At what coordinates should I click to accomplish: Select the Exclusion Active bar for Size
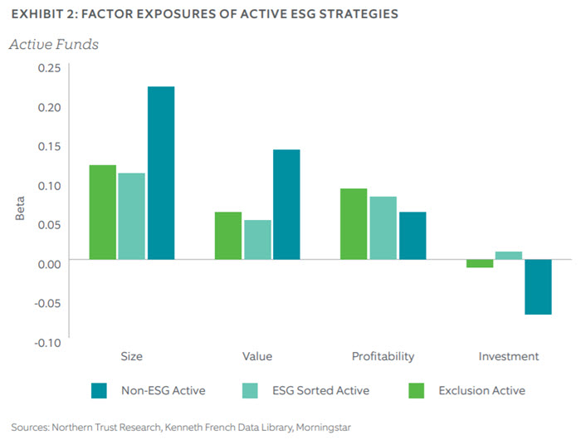103,212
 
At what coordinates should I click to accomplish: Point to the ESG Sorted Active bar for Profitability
383,227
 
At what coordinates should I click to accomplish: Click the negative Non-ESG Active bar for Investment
538,287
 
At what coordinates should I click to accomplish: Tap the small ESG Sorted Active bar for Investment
509,256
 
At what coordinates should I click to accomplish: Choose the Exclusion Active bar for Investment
480,264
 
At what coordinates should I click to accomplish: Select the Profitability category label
383,356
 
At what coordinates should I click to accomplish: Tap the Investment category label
509,356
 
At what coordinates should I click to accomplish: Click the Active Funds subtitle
53,44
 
